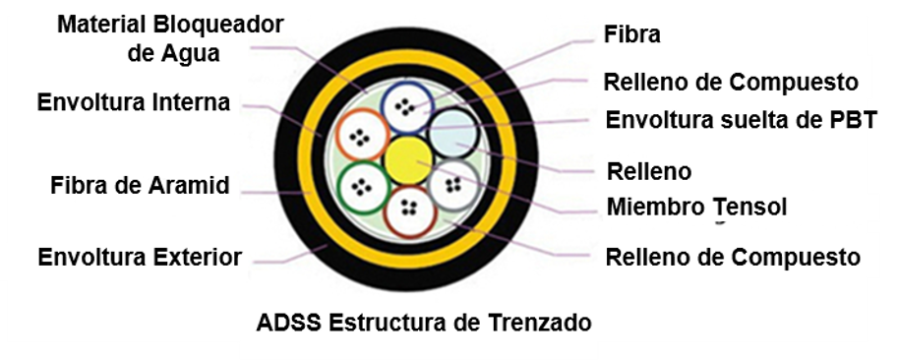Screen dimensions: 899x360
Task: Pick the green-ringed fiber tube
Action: point(361,184)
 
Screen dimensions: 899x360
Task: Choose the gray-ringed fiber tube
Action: point(453,184)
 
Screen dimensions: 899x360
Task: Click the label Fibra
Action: point(630,34)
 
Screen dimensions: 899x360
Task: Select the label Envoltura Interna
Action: point(133,101)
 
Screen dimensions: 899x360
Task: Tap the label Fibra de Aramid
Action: point(140,185)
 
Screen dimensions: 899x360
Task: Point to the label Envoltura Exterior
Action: point(140,258)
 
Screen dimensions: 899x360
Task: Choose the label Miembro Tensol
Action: point(696,208)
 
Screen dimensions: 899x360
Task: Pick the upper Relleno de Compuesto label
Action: point(730,82)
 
